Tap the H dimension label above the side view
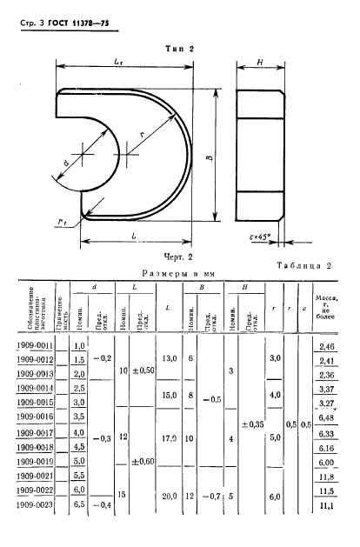point(261,63)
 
